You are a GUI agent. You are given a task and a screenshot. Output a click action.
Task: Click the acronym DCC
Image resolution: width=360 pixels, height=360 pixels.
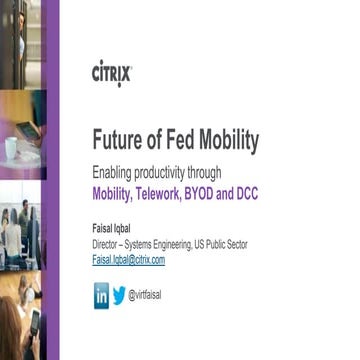tap(246, 193)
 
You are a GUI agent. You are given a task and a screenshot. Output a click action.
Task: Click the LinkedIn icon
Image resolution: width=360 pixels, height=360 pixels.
tap(101, 295)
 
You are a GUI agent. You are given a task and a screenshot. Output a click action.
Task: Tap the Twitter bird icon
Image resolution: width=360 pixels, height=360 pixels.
tap(120, 295)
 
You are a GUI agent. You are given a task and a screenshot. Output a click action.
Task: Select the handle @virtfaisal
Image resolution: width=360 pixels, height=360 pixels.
tap(146, 295)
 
